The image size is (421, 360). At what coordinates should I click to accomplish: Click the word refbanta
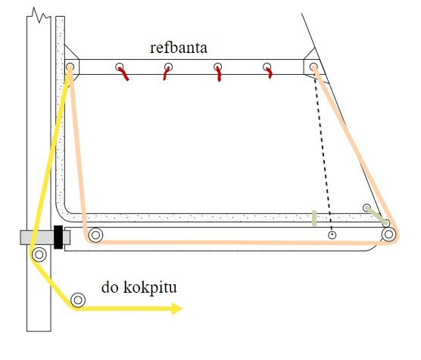pyautogui.click(x=179, y=48)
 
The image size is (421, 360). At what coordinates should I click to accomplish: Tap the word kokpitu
pyautogui.click(x=150, y=287)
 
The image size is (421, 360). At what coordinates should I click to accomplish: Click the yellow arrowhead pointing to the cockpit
pyautogui.click(x=176, y=309)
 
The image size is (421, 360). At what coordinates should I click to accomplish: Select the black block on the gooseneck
pyautogui.click(x=58, y=237)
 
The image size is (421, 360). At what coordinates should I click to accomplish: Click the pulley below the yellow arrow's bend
pyautogui.click(x=78, y=299)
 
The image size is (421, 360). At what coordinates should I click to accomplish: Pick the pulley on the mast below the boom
pyautogui.click(x=39, y=254)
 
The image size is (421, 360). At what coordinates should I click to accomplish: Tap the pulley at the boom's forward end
pyautogui.click(x=95, y=235)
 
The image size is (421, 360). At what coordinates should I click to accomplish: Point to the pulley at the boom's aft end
pyautogui.click(x=388, y=234)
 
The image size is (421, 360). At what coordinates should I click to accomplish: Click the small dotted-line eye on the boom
pyautogui.click(x=332, y=235)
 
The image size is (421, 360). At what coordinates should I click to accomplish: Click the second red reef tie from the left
pyautogui.click(x=166, y=73)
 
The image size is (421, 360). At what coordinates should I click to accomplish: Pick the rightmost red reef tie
pyautogui.click(x=269, y=73)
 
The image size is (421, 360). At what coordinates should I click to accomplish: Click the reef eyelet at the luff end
pyautogui.click(x=70, y=67)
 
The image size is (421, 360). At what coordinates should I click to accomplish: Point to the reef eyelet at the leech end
pyautogui.click(x=313, y=67)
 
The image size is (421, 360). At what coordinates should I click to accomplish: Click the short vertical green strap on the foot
pyautogui.click(x=314, y=218)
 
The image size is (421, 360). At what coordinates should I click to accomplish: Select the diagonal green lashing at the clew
pyautogui.click(x=377, y=216)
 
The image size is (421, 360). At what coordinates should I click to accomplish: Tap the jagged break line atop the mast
pyautogui.click(x=39, y=16)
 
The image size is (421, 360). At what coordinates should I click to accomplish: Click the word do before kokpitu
pyautogui.click(x=110, y=287)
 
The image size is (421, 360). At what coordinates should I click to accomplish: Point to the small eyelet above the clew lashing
pyautogui.click(x=366, y=208)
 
